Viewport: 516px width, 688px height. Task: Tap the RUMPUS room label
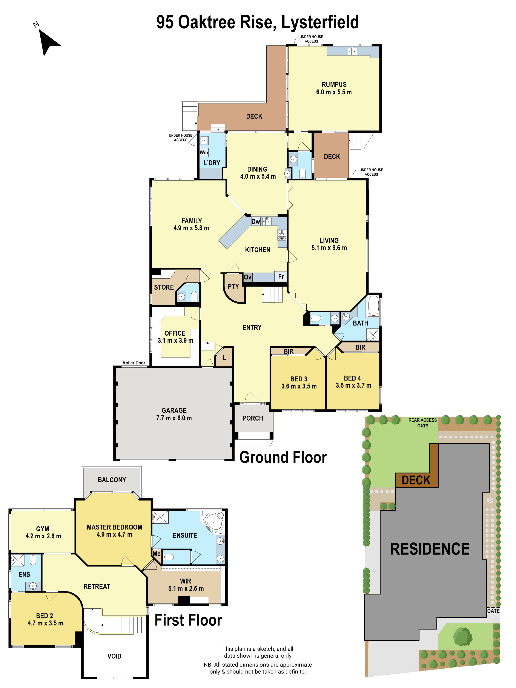334,84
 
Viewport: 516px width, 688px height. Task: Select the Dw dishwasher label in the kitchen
255,221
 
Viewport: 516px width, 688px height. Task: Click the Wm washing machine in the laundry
204,152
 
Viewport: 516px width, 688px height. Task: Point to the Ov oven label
247,277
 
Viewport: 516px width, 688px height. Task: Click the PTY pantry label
233,286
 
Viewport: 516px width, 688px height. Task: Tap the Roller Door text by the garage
134,363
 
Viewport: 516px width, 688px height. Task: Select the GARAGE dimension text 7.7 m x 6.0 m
174,418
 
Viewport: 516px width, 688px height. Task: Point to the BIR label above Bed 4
360,347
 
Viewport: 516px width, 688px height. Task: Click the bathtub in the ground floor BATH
373,306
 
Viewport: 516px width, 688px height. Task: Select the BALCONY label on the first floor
112,480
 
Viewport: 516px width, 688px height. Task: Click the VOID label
114,656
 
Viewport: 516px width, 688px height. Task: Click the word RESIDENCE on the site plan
430,549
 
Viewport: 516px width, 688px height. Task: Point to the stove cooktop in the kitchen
282,235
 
